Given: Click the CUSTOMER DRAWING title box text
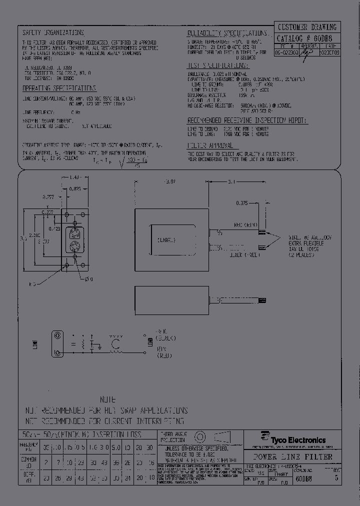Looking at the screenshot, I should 306,27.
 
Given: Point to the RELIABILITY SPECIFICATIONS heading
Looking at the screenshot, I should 217,33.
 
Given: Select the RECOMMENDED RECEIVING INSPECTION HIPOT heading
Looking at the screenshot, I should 247,121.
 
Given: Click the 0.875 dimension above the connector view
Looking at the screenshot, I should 75,188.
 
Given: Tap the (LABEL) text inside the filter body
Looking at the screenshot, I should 166,240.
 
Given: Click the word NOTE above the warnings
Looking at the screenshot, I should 107,400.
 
